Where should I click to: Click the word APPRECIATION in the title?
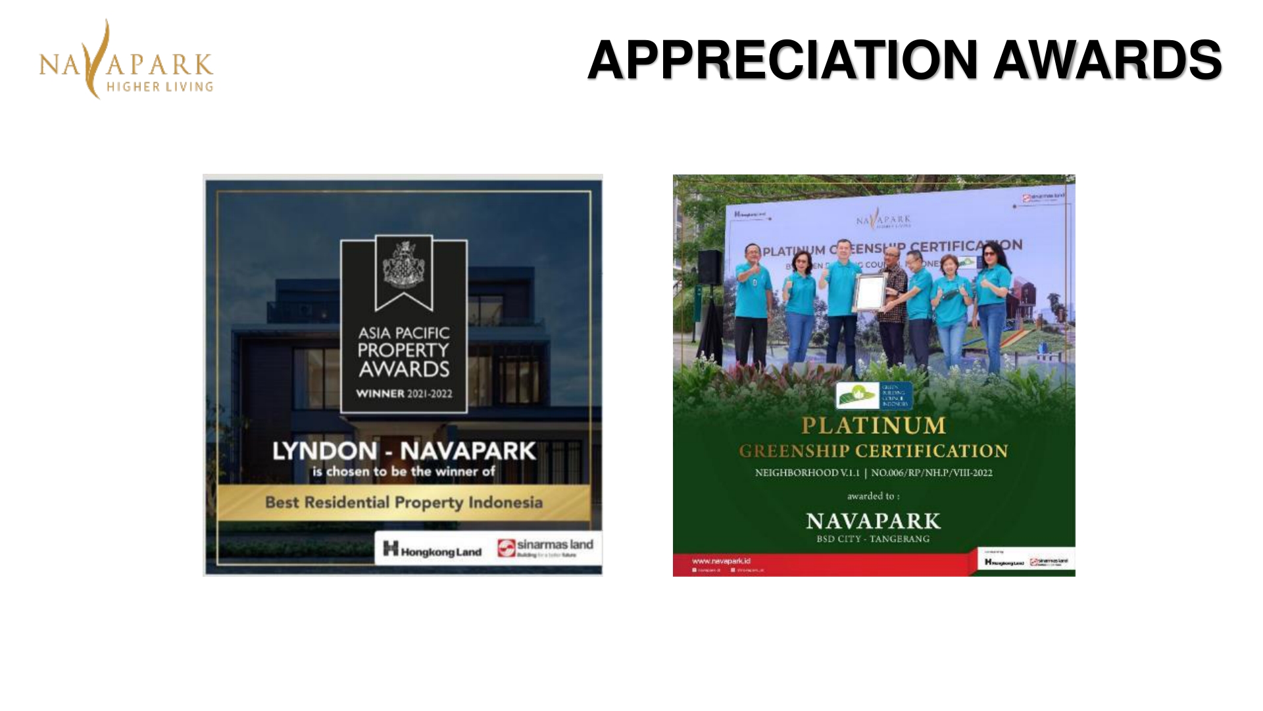click(783, 60)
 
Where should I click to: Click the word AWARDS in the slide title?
click(1107, 60)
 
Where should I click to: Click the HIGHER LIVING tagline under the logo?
click(160, 87)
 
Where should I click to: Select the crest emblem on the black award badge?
click(403, 265)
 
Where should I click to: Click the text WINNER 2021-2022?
click(404, 394)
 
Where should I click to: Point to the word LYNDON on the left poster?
click(325, 451)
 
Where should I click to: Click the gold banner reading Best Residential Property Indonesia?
click(403, 502)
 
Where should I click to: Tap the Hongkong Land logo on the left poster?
click(432, 549)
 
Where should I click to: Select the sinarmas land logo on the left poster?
click(545, 547)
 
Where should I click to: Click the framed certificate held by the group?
click(870, 292)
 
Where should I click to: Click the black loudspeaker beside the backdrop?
click(710, 267)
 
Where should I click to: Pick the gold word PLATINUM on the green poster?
click(874, 426)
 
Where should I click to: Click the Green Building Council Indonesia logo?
click(874, 396)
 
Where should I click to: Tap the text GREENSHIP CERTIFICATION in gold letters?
click(874, 451)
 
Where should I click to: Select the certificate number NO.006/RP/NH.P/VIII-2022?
click(931, 473)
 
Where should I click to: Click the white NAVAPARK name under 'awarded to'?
click(874, 521)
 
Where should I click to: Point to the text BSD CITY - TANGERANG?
click(874, 539)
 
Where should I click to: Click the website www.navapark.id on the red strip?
click(721, 561)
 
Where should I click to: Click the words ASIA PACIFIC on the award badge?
click(404, 333)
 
